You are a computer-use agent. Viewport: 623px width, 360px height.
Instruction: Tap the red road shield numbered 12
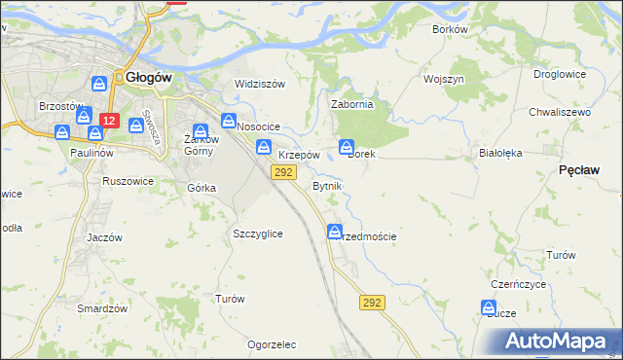[x=109, y=122]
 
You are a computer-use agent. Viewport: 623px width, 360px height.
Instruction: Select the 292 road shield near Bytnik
[x=283, y=172]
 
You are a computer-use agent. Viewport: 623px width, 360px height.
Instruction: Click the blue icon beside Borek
[x=347, y=147]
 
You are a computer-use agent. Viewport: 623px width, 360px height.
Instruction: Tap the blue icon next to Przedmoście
[x=335, y=233]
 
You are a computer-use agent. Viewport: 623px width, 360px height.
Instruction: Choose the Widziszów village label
[x=259, y=84]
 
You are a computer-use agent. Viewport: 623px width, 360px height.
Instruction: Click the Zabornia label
[x=352, y=105]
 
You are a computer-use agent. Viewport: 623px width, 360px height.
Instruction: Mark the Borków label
[x=450, y=29]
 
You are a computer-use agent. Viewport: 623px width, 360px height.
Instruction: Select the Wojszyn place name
[x=443, y=78]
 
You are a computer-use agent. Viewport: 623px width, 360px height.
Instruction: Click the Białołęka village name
[x=501, y=153]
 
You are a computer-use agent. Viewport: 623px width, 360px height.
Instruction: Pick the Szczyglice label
[x=258, y=234]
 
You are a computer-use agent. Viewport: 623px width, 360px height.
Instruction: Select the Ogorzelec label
[x=272, y=344]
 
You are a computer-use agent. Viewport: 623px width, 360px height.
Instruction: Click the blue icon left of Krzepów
[x=264, y=147]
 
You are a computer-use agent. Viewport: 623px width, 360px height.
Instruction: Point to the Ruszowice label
[x=127, y=180]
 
